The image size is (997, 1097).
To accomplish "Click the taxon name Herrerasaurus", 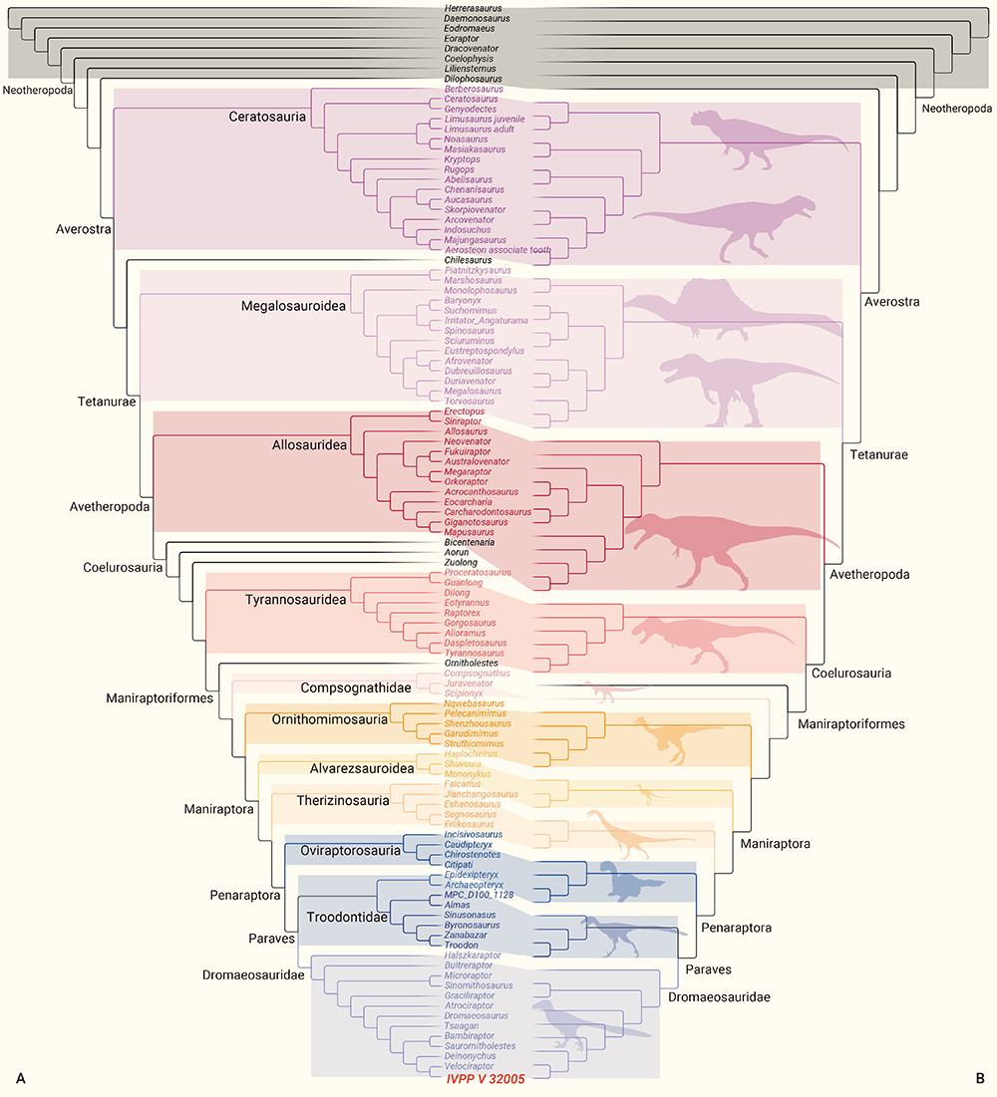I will point(474,9).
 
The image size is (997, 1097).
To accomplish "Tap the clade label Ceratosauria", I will point(267,118).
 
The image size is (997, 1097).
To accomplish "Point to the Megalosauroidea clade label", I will point(293,306).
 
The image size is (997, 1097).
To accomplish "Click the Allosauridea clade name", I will point(310,444).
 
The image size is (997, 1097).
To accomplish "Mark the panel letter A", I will point(19,1078).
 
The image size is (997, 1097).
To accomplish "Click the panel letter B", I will point(980,1078).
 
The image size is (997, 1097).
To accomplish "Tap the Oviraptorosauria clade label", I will point(351,851).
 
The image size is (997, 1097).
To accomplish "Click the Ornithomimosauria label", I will point(330,718).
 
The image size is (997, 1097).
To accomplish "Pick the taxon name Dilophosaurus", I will point(474,79).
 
